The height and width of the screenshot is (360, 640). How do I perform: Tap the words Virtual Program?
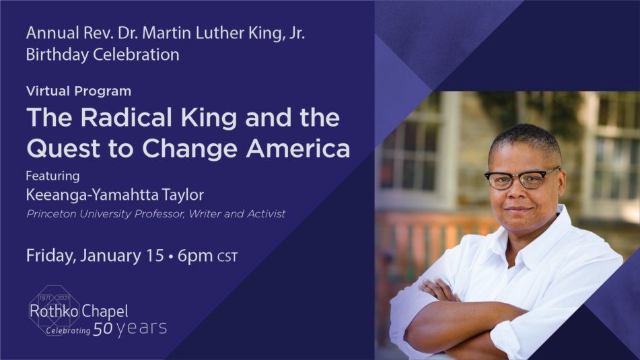tap(79, 91)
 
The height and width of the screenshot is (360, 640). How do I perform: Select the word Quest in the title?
tap(63, 149)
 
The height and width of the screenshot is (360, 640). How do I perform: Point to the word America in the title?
tap(298, 148)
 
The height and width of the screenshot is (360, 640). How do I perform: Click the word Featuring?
tap(52, 176)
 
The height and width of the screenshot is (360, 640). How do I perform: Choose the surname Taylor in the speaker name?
tap(182, 194)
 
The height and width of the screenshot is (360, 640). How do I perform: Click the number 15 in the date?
tap(155, 256)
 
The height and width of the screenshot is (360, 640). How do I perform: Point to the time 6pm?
tap(195, 256)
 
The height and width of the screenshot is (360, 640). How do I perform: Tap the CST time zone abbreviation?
tap(227, 257)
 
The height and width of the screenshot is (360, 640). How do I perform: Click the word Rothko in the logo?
tap(54, 312)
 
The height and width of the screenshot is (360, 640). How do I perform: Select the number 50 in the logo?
tap(103, 329)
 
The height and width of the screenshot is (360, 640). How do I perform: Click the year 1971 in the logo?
tap(45, 298)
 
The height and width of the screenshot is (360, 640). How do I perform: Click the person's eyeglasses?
tap(522, 179)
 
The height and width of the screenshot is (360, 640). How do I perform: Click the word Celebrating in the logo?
tap(68, 330)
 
